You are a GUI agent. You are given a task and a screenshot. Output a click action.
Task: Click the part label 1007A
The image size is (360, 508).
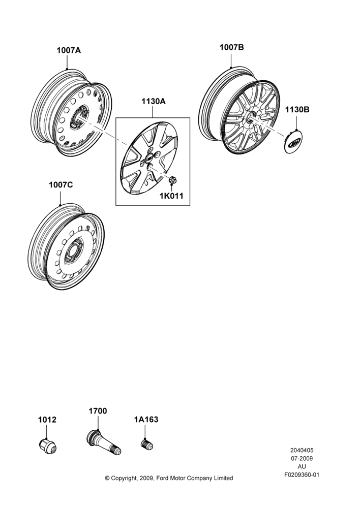(69, 50)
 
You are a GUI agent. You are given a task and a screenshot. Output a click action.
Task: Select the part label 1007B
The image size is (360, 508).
(231, 47)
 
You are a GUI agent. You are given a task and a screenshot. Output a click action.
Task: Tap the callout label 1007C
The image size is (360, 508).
(61, 185)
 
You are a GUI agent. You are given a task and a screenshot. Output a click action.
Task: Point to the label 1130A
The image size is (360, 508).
(154, 102)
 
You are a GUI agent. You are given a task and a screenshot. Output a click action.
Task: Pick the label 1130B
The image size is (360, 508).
(297, 110)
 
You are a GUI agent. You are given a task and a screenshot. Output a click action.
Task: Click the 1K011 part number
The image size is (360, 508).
(171, 196)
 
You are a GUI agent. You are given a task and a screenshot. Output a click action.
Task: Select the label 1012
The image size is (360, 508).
(47, 420)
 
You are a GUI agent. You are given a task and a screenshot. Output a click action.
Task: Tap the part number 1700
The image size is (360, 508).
(98, 411)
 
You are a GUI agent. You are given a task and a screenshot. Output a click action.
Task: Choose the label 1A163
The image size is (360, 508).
(146, 420)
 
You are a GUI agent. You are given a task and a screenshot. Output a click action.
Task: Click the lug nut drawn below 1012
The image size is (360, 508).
(47, 446)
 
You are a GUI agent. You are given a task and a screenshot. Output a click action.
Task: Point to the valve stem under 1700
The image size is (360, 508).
(104, 443)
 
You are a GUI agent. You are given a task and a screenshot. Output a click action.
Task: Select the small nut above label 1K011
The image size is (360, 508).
(172, 179)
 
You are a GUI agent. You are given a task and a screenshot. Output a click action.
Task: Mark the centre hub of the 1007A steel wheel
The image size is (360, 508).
(79, 118)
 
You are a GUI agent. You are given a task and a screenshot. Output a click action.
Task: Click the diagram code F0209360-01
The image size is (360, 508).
(302, 474)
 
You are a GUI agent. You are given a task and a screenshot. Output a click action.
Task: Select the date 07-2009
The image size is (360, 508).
(302, 458)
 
